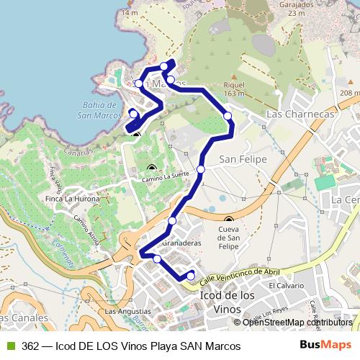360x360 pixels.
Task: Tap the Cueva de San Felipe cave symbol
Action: click(x=229, y=220)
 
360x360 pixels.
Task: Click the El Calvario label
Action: click(x=282, y=285)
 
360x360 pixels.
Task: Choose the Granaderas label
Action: click(x=181, y=243)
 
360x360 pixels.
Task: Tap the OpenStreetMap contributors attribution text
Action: click(x=297, y=323)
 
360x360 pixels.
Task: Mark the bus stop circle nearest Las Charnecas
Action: click(x=228, y=116)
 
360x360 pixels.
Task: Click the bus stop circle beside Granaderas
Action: click(x=173, y=220)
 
